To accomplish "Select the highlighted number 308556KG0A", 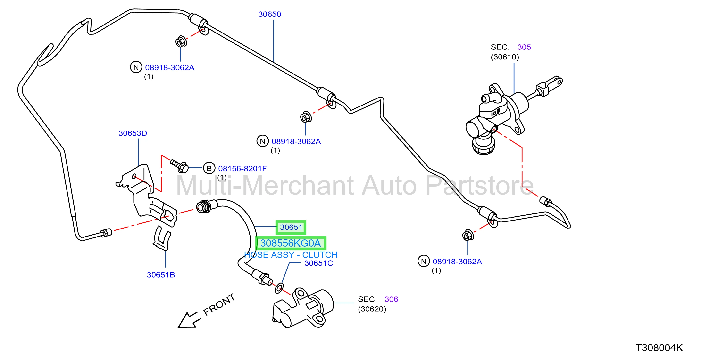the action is (x=291, y=243).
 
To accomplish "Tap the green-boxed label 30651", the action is (x=291, y=227).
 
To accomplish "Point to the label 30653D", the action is (x=133, y=133).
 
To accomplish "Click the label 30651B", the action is (x=161, y=275).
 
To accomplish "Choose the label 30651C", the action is (x=319, y=263).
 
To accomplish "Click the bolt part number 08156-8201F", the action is (x=242, y=169).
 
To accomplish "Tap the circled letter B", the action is (x=209, y=168).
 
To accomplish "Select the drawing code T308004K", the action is (x=659, y=348).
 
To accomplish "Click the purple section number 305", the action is (x=524, y=47).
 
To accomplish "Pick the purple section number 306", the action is (x=391, y=299).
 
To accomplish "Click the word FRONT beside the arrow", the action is (x=219, y=304).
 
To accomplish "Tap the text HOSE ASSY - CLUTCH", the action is (x=291, y=255).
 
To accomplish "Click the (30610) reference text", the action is (x=505, y=57).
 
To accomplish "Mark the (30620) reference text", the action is (x=372, y=309).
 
